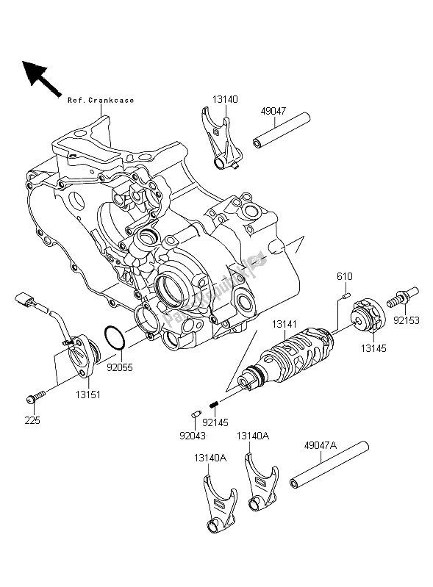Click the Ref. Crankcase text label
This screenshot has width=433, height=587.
pyautogui.click(x=101, y=100)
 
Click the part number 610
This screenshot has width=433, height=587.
pyautogui.click(x=344, y=276)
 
